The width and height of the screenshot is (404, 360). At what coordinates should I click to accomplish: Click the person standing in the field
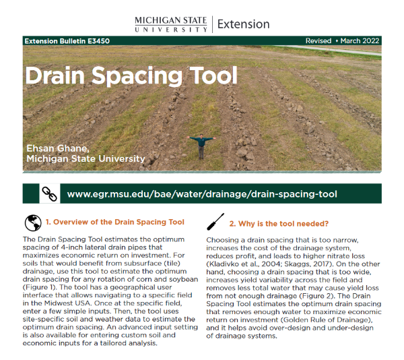(x=201, y=146)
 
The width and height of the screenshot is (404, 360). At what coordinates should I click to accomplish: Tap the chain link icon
(x=48, y=193)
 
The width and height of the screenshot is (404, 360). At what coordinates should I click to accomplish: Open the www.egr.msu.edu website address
(x=202, y=194)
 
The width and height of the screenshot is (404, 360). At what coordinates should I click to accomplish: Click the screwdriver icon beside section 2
(x=215, y=222)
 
